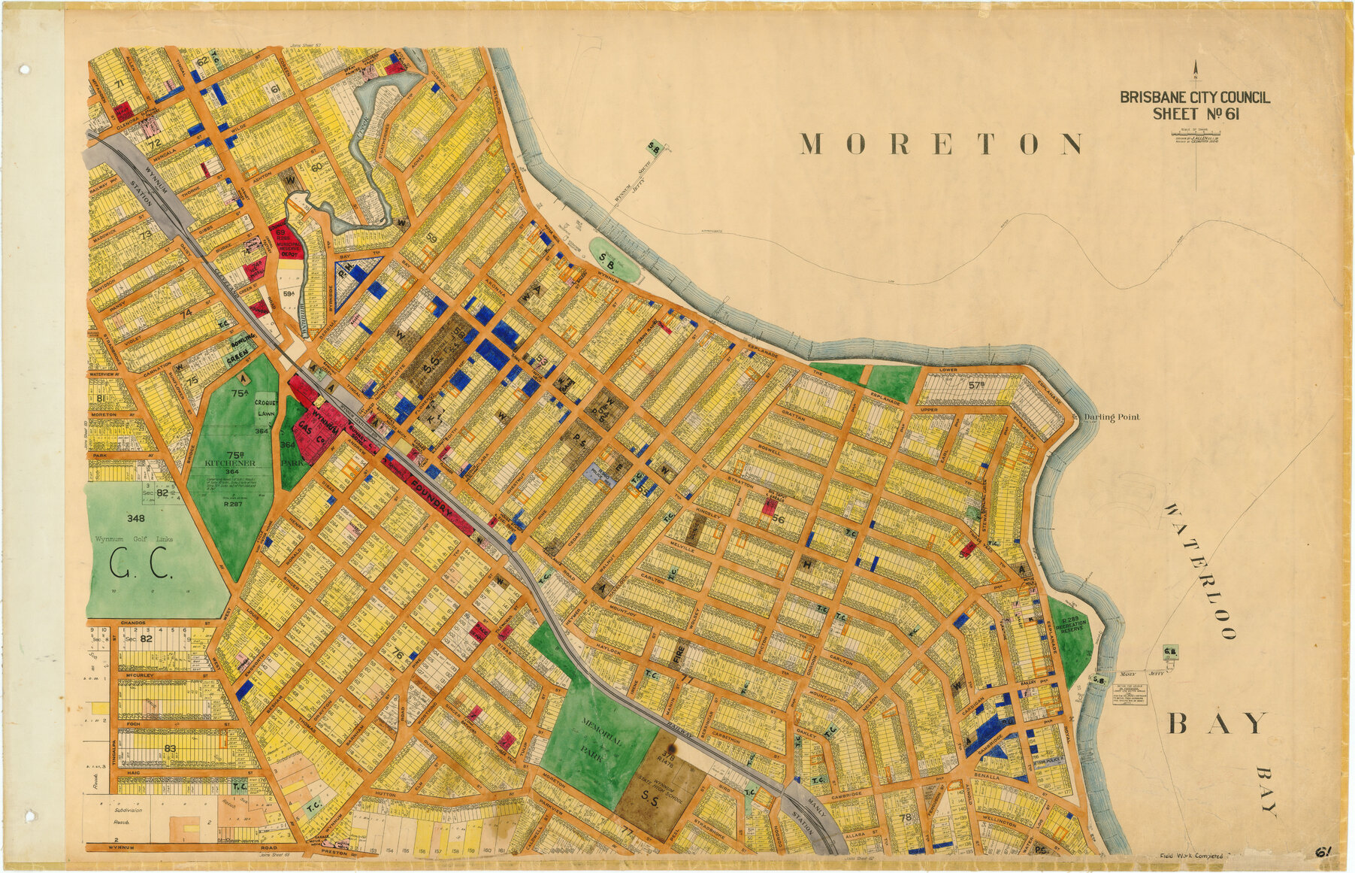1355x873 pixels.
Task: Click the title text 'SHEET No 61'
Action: (1196, 114)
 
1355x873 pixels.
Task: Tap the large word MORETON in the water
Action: (941, 144)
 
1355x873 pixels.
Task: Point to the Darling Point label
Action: (1112, 417)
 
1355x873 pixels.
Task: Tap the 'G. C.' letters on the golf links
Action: (142, 565)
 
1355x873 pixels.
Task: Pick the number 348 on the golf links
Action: (136, 519)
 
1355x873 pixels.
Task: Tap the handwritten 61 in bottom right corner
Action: (1323, 852)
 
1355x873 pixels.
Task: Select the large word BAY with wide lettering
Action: (1217, 723)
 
